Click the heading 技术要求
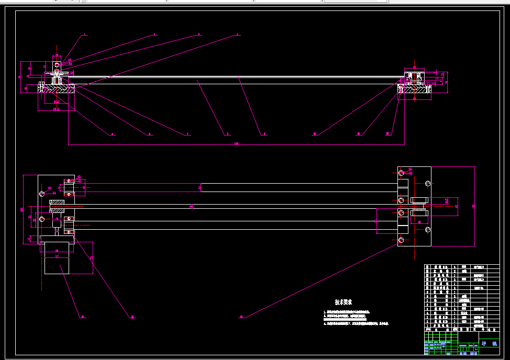[343, 302]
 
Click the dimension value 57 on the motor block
[57, 251]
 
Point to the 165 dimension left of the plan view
[22, 209]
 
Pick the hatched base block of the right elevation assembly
[414, 91]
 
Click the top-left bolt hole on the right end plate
[401, 172]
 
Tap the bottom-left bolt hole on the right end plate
[401, 240]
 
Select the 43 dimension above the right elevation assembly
[415, 67]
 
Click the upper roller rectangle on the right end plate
[419, 200]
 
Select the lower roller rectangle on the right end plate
[419, 213]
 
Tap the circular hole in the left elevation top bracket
[57, 65]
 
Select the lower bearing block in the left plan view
[70, 225]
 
